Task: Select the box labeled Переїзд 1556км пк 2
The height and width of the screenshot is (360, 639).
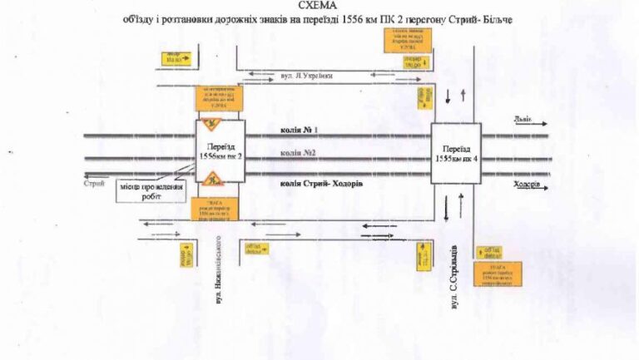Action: tap(220, 151)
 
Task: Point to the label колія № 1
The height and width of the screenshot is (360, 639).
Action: tap(300, 130)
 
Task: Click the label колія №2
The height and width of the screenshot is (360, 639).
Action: tap(299, 153)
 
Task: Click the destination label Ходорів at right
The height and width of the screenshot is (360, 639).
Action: tap(528, 185)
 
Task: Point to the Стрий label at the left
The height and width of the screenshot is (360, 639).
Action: tap(94, 183)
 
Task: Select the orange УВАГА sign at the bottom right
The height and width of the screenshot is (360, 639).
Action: tap(497, 274)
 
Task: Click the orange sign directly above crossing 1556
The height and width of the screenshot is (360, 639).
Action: tap(220, 98)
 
